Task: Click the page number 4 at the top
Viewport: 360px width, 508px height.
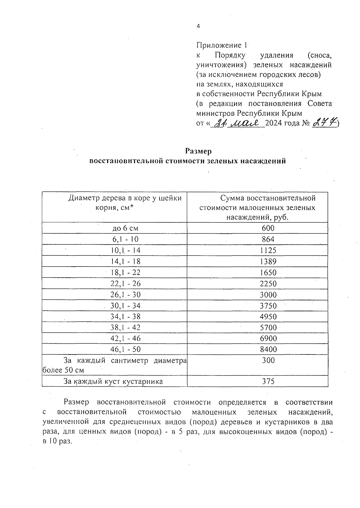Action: click(198, 26)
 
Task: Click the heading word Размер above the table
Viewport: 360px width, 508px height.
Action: click(198, 151)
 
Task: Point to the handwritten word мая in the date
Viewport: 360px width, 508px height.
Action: click(246, 123)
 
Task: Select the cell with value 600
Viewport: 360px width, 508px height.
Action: click(268, 228)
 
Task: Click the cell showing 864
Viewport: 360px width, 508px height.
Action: click(268, 239)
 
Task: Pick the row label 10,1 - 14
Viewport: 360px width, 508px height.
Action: click(125, 250)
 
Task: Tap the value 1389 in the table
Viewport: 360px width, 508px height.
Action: click(268, 261)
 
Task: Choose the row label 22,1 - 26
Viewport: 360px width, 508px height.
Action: click(125, 284)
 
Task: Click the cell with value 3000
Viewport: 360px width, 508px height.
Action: click(268, 295)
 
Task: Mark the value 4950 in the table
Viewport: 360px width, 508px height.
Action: click(268, 317)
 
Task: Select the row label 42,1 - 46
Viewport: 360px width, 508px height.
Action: click(125, 339)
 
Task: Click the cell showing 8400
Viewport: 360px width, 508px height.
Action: click(268, 349)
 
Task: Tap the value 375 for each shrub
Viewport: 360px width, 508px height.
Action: click(268, 381)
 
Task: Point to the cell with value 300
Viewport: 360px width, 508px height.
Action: click(268, 360)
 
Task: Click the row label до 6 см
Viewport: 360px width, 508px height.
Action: click(125, 228)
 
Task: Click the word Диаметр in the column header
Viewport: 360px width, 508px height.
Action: click(84, 198)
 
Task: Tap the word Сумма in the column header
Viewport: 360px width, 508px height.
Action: click(232, 198)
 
